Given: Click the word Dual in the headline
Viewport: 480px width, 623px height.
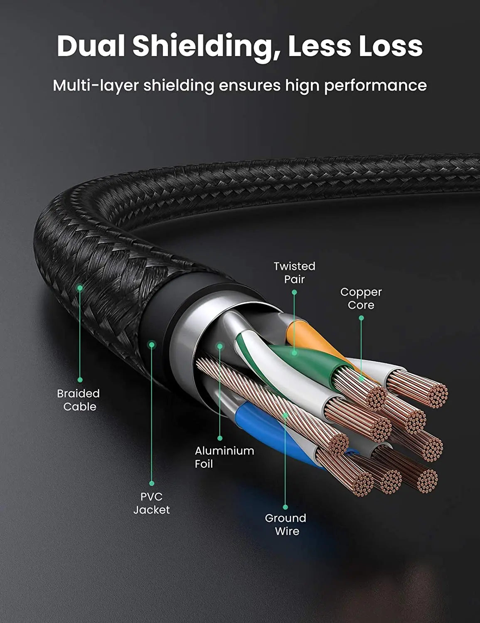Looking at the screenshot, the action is (x=91, y=46).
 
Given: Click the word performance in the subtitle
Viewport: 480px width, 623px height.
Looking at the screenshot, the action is (x=375, y=86).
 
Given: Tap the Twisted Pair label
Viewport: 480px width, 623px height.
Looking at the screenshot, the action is (x=295, y=272).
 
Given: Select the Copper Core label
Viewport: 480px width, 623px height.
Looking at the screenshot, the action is (x=361, y=299).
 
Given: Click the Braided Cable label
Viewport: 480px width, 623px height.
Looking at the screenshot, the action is (x=79, y=400).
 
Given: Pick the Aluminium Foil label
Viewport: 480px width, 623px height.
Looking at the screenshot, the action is (x=224, y=457).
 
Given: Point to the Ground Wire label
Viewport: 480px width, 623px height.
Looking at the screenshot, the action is (x=286, y=525).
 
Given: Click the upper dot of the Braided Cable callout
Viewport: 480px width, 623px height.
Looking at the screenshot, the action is (x=80, y=287).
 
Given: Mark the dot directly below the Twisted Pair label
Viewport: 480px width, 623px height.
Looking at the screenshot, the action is (x=294, y=292).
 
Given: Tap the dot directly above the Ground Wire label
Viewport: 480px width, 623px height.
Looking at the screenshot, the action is (x=286, y=507).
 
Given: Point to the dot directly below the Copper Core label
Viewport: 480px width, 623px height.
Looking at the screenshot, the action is (x=361, y=318).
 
